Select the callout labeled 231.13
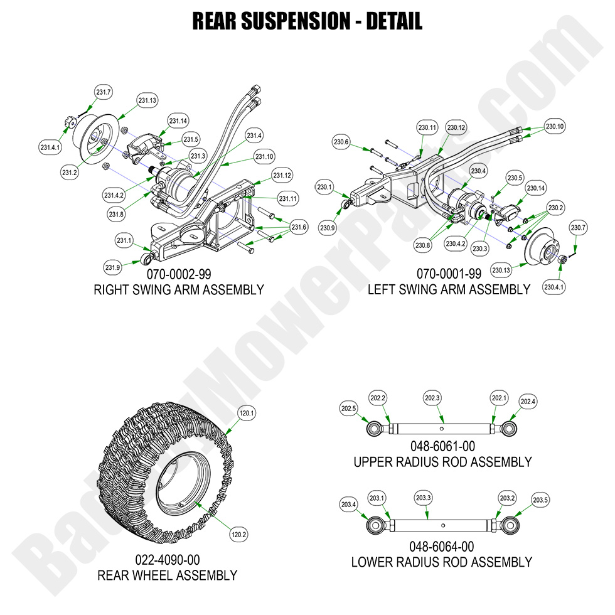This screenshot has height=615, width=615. pyautogui.click(x=148, y=100)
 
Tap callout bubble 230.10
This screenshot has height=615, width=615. pyautogui.click(x=555, y=126)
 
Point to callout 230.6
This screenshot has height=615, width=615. pyautogui.click(x=342, y=142)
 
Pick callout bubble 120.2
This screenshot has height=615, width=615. pyautogui.click(x=239, y=535)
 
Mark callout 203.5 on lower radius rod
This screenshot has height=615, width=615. pyautogui.click(x=540, y=500)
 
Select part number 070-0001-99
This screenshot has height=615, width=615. pyautogui.click(x=449, y=275)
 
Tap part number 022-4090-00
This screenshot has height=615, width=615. pyautogui.click(x=167, y=560)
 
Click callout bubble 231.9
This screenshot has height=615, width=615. pyautogui.click(x=113, y=267)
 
